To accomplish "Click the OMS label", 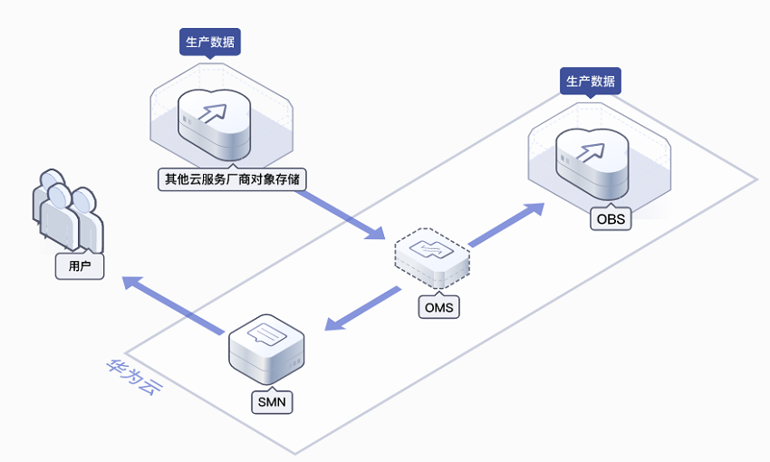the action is tap(438, 307).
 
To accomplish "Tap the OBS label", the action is tap(611, 219).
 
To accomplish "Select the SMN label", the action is tap(272, 402).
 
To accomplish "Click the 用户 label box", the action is tap(80, 266).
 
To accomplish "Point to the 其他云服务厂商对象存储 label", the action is tap(232, 179).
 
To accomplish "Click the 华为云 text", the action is tap(134, 377).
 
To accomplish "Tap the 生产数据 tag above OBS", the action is tap(591, 81).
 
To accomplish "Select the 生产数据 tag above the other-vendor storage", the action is tap(209, 42).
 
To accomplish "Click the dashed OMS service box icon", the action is tap(432, 258).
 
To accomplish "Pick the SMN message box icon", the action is tap(266, 349).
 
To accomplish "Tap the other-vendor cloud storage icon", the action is tap(214, 124).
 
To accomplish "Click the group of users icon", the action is tap(68, 211).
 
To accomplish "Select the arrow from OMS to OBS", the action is tap(506, 225).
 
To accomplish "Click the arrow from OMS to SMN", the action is tap(362, 309).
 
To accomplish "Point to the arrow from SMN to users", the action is tap(173, 305).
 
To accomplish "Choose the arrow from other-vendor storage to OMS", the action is tap(340, 215).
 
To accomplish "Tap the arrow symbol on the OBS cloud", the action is tap(590, 152).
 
